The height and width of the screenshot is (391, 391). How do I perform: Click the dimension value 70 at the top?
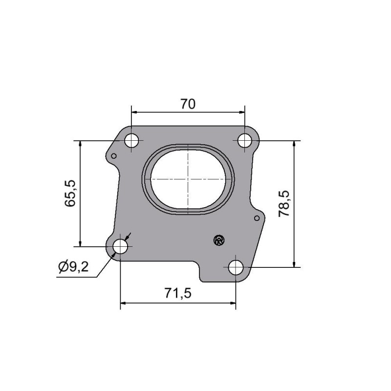188,104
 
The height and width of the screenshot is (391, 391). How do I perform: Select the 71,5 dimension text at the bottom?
177,293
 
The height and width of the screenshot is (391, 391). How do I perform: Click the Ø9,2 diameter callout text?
73,267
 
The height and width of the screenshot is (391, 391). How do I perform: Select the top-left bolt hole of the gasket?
131,141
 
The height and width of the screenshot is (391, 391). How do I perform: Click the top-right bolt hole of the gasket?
245,141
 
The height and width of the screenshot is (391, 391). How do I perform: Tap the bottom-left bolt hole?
120,246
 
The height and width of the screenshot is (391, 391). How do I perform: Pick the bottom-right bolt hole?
236,267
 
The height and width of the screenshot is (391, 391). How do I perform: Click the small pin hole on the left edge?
114,156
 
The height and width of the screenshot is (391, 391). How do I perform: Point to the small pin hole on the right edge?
257,218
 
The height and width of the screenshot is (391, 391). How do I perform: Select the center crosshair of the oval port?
188,179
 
